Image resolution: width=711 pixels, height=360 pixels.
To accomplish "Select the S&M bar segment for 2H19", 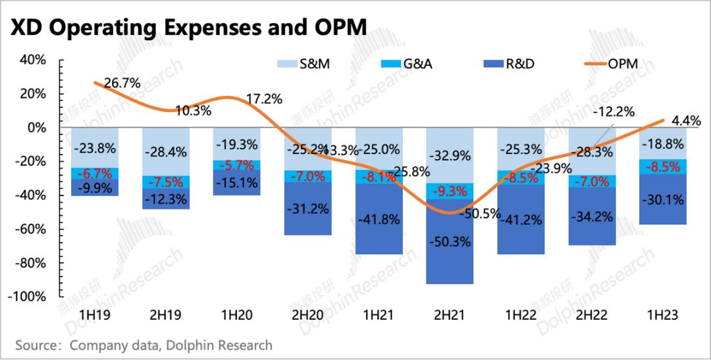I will pyautogui.click(x=167, y=151).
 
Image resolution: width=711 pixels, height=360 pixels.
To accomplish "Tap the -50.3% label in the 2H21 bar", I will pyautogui.click(x=450, y=242).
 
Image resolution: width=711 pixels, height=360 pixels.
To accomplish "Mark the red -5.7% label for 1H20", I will pyautogui.click(x=237, y=165).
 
